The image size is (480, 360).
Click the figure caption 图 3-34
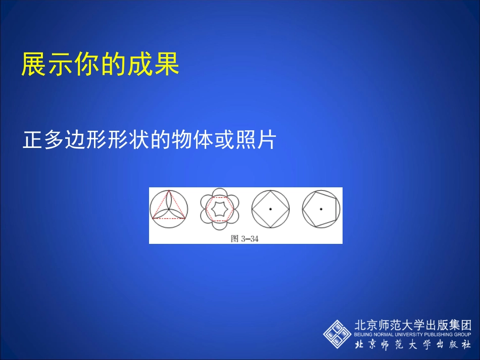coord(245,239)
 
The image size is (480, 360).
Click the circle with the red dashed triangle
coord(169,209)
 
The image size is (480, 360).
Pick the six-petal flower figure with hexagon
coord(220,209)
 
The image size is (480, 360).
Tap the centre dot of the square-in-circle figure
coord(270,209)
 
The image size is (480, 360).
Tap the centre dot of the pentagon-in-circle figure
coord(321,209)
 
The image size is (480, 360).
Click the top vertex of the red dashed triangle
coord(169,191)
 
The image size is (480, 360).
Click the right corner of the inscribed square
coord(289,209)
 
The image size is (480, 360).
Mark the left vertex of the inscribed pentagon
coord(303,208)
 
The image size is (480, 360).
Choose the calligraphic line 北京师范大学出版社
coord(413,345)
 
